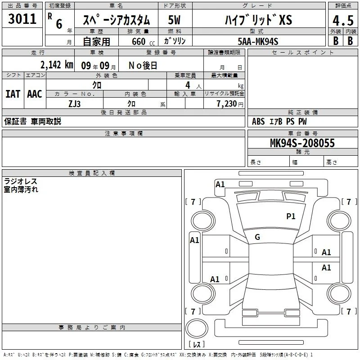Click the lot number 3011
click(x=22, y=18)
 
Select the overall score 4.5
click(x=343, y=20)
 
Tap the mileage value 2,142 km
click(x=57, y=65)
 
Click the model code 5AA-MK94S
click(x=258, y=41)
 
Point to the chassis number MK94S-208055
click(x=302, y=143)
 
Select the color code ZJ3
click(x=75, y=104)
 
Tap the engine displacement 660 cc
click(x=143, y=41)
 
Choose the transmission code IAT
click(x=13, y=94)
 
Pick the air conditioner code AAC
click(x=35, y=94)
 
